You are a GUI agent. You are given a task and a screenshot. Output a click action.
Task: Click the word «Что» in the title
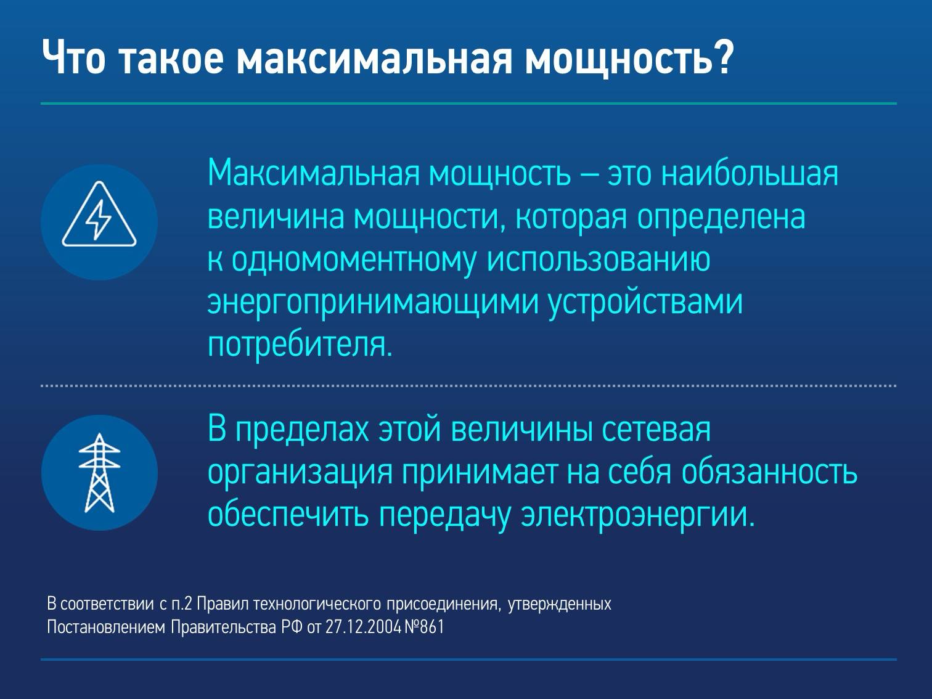click(x=73, y=58)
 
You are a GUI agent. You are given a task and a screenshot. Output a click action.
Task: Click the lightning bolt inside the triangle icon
click(x=99, y=219)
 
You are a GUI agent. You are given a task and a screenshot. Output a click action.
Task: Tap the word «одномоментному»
click(x=354, y=261)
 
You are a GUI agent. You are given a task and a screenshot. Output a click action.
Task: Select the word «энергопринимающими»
click(x=373, y=304)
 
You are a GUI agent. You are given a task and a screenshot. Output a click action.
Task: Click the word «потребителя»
click(x=300, y=345)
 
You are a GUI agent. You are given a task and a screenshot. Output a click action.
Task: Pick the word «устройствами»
click(x=645, y=304)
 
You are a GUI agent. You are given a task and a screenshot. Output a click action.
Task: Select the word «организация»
click(x=300, y=473)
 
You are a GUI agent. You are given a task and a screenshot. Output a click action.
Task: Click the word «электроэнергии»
click(x=638, y=516)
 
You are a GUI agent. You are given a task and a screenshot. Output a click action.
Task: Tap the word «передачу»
click(x=444, y=516)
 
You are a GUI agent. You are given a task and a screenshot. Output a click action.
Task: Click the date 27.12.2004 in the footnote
click(x=363, y=627)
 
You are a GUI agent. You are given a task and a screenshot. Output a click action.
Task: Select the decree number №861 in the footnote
click(x=424, y=627)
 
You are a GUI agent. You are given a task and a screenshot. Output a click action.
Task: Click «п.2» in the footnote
click(x=182, y=604)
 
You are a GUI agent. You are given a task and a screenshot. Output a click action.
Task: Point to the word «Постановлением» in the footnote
click(x=106, y=627)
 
